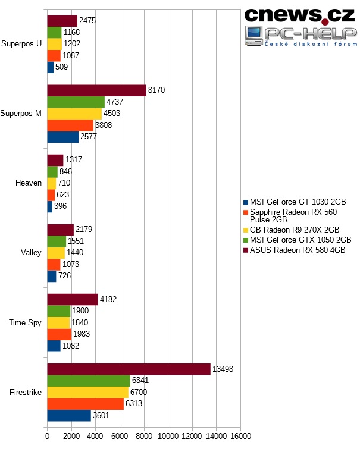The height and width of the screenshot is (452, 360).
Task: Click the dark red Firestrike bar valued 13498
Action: pyautogui.click(x=129, y=369)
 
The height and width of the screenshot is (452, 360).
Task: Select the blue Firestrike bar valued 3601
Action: pyautogui.click(x=69, y=415)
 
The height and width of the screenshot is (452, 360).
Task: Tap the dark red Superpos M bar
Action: pyautogui.click(x=96, y=90)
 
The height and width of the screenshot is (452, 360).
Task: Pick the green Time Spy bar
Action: pyautogui.click(x=59, y=311)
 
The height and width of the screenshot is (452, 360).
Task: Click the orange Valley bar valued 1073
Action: pyautogui.click(x=54, y=265)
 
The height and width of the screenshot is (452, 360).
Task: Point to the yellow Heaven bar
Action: pyautogui.click(x=51, y=183)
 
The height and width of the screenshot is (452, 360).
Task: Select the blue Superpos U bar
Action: pyautogui.click(x=51, y=67)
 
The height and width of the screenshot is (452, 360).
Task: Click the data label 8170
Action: pyautogui.click(x=156, y=90)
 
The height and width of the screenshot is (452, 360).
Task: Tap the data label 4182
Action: pyautogui.click(x=108, y=299)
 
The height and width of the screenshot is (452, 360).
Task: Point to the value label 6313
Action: pyautogui.click(x=134, y=404)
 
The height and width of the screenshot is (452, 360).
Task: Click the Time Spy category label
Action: pyautogui.click(x=26, y=322)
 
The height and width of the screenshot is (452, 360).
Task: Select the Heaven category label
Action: pyautogui.click(x=29, y=183)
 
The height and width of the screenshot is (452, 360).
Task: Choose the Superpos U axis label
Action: pyautogui.click(x=22, y=44)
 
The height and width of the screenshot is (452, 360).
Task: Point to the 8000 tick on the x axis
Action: pyautogui.click(x=144, y=435)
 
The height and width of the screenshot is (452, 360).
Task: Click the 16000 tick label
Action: pyautogui.click(x=240, y=435)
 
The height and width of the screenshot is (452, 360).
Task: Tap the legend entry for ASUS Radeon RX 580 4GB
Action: pyautogui.click(x=298, y=250)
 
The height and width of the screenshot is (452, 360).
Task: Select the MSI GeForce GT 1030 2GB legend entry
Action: pyautogui.click(x=298, y=202)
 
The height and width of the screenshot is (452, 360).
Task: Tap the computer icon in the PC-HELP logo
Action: pyautogui.click(x=254, y=35)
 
